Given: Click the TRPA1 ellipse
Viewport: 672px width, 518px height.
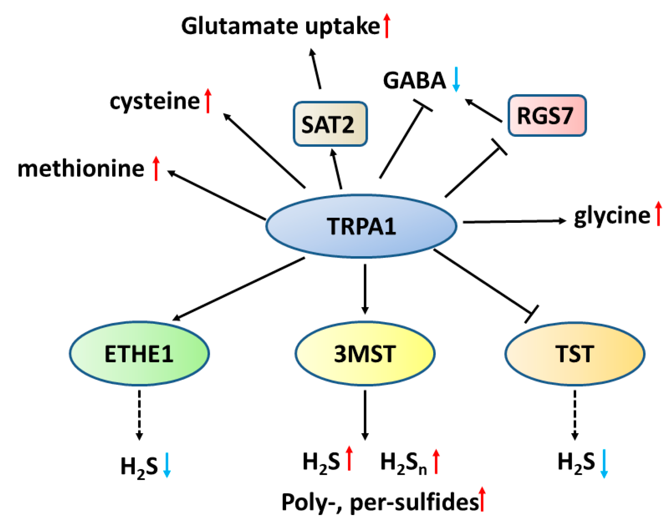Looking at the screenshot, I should pos(361,226).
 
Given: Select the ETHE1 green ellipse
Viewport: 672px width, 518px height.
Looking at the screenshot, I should pos(139,353).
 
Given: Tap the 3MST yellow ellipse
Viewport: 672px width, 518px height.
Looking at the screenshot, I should pos(365,353).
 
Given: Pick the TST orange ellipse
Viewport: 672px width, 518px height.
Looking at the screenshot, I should pos(575,353).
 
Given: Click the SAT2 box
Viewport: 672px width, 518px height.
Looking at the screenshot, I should pos(330,124).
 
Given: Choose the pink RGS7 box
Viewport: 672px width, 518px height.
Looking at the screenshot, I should pos(547,115).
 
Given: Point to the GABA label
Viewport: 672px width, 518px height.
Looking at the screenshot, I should pos(414,80).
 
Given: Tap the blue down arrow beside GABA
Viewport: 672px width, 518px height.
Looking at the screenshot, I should pos(456,79).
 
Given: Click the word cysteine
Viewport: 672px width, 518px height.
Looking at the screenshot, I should pos(155,101).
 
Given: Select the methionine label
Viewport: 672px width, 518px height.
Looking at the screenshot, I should pos(81,169).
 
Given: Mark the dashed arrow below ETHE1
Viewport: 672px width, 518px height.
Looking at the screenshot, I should pos(139,415).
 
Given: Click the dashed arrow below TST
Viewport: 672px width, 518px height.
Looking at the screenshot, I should pos(575,415).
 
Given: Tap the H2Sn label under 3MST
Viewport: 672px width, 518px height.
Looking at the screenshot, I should pos(403,462).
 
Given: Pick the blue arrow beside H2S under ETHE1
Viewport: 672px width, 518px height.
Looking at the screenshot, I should pos(167,465).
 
